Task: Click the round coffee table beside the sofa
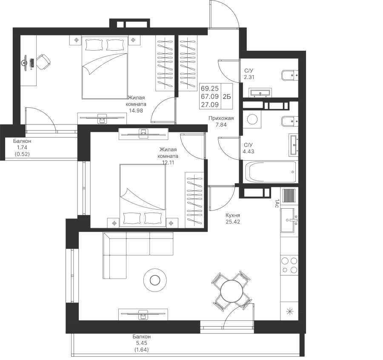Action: [154, 280]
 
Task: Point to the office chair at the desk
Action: [43, 62]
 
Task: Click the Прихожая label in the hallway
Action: [221, 118]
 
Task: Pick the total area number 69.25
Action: [209, 89]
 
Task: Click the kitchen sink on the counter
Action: [291, 220]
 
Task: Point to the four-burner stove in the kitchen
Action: [289, 265]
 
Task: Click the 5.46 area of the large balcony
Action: [142, 343]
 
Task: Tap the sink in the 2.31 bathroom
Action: [260, 92]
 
